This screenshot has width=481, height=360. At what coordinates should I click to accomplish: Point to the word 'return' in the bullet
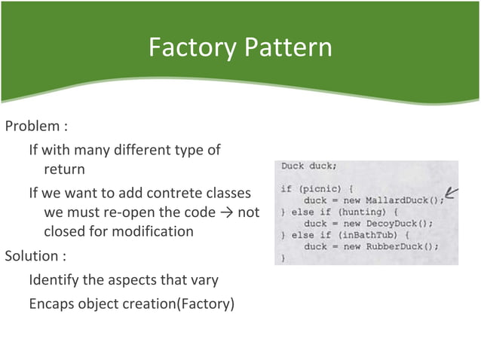(64, 169)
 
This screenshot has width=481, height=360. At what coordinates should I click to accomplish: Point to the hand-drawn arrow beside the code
(453, 194)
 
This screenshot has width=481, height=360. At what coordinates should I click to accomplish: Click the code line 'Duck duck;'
(309, 166)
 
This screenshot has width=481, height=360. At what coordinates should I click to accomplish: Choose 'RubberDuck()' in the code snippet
(399, 246)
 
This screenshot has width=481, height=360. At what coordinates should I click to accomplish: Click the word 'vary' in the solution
(204, 280)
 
